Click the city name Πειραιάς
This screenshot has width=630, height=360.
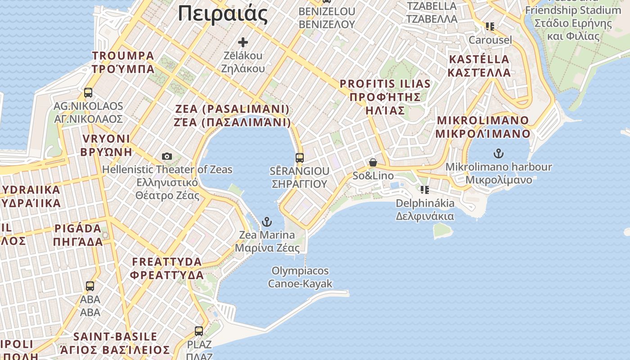[x=223, y=14]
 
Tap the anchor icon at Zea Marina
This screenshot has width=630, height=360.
[x=267, y=222]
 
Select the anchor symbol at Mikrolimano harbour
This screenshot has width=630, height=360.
[x=498, y=153]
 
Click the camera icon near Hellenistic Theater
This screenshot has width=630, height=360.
[x=167, y=156]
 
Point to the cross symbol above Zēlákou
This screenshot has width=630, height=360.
[x=243, y=42]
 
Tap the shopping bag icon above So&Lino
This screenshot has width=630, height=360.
[x=373, y=162]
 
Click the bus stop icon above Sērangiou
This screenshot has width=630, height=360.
[x=300, y=158]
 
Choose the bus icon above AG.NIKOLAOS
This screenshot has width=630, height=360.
[x=88, y=93]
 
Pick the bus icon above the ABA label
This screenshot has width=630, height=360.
[x=90, y=286]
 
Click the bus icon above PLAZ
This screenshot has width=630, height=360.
[x=199, y=331]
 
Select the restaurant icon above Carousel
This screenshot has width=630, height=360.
[x=490, y=27]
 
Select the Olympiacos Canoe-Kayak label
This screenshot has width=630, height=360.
[x=300, y=277]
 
